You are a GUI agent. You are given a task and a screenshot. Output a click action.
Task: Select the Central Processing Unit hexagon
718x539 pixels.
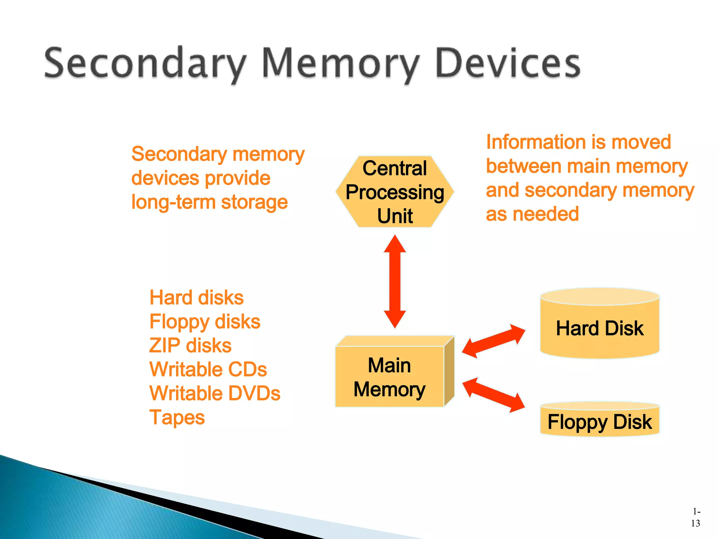click(x=395, y=192)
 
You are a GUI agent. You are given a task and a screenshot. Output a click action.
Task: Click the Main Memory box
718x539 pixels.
click(x=390, y=377)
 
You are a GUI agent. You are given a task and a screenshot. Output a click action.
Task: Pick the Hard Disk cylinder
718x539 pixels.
click(x=600, y=328)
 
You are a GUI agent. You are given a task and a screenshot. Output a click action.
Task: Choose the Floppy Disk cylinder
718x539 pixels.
click(x=600, y=421)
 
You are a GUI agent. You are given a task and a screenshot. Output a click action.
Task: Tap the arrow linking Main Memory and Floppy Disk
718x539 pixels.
click(x=493, y=395)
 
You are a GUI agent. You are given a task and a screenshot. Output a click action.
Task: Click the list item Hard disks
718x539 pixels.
click(x=196, y=298)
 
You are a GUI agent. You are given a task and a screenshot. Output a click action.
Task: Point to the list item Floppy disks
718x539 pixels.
click(x=205, y=322)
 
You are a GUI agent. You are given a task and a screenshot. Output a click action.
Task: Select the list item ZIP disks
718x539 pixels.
click(x=190, y=346)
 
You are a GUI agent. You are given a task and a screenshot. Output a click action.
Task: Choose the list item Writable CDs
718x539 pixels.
click(x=208, y=370)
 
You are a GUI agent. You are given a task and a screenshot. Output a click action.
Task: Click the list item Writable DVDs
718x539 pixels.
click(x=215, y=393)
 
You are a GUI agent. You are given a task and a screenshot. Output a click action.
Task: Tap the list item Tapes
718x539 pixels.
click(x=177, y=418)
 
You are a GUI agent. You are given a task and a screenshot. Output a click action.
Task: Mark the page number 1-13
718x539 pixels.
click(x=696, y=518)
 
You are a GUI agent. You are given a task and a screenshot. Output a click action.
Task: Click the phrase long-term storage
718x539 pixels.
click(x=209, y=202)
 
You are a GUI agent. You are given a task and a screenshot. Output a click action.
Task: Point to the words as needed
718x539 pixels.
click(x=532, y=214)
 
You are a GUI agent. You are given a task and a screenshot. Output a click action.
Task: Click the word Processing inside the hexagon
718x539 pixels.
click(x=395, y=192)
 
